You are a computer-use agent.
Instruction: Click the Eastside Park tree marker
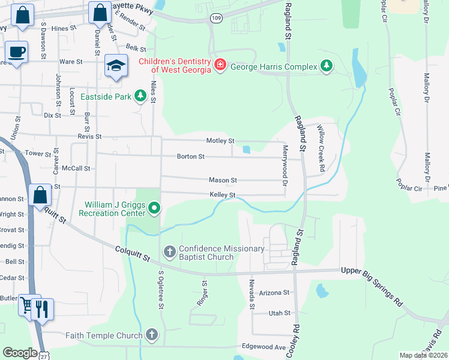140,96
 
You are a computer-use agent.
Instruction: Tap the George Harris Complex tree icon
326,66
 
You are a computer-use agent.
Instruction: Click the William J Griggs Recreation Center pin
154,209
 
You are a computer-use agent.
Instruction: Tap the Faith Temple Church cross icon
152,335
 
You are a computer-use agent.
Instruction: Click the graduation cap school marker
116,65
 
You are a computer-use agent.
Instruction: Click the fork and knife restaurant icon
42,310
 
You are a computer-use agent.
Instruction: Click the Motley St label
220,141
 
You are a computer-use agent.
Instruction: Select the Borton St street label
191,157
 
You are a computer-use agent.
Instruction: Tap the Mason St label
223,180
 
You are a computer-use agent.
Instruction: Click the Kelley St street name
222,195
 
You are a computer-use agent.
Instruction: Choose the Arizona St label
274,293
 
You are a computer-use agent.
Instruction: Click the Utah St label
279,313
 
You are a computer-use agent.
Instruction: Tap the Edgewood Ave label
264,347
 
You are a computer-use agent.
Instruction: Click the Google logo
20,353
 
